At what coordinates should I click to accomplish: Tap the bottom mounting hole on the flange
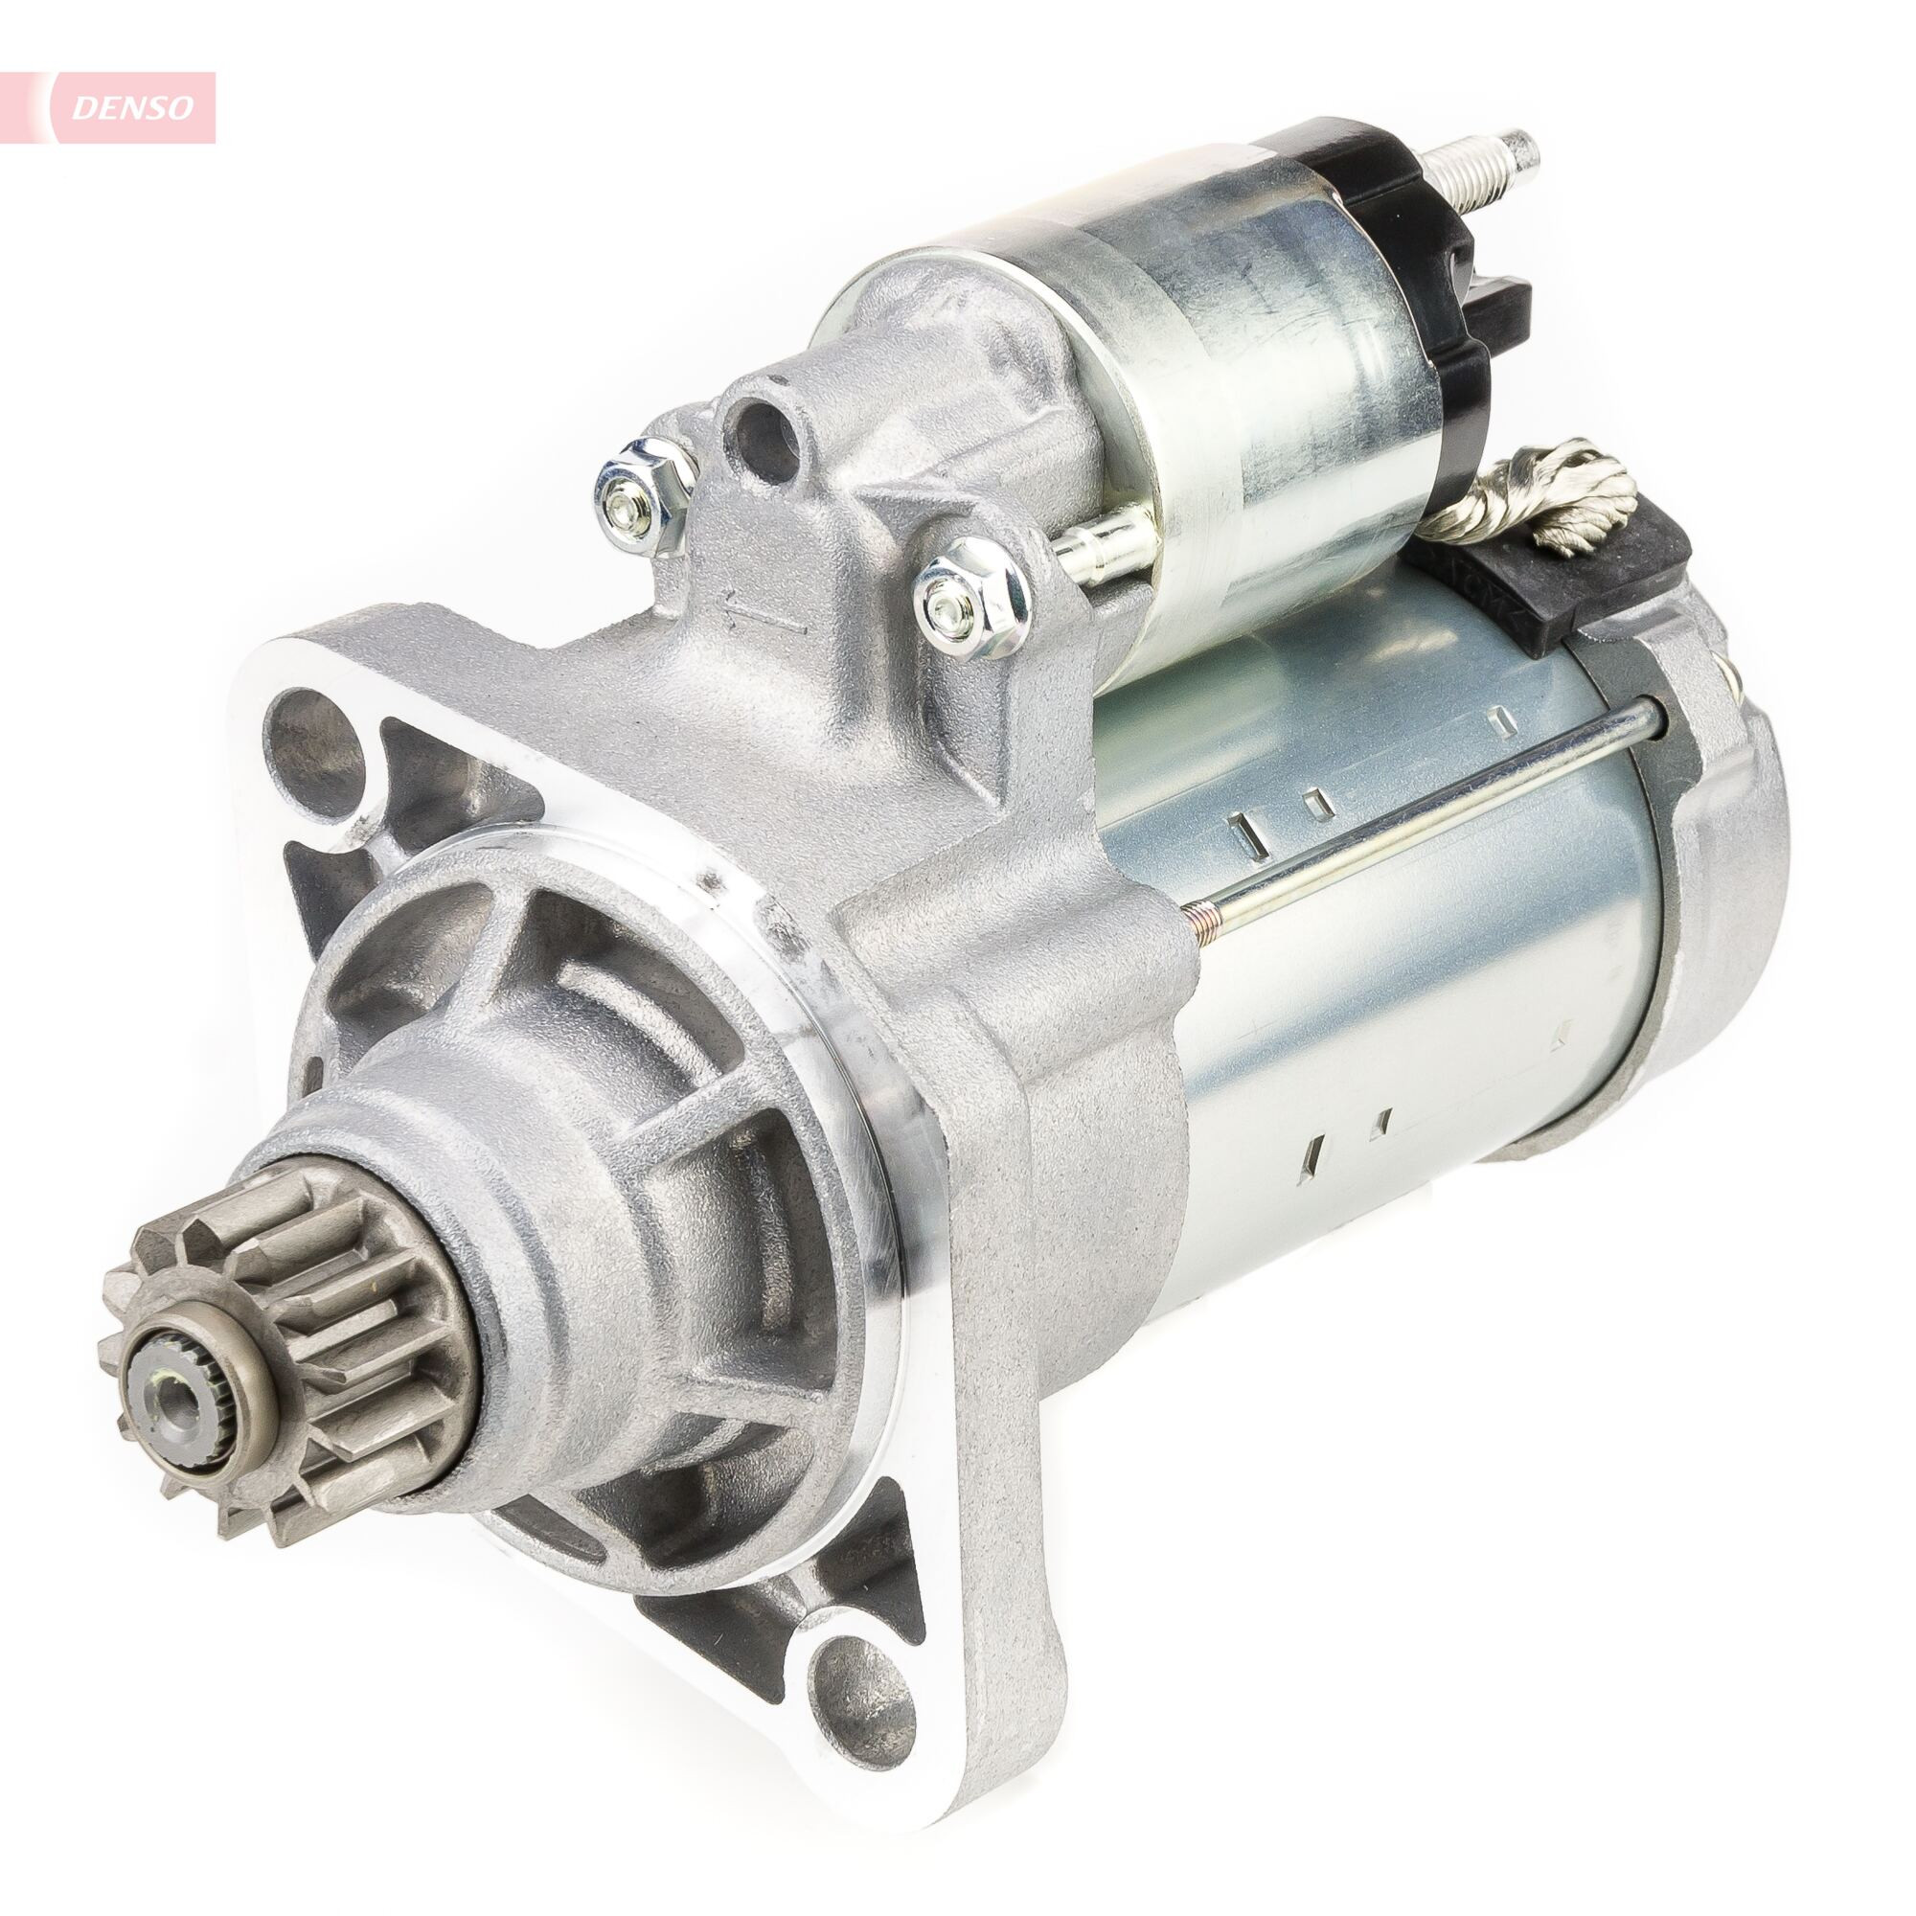[x=852, y=1686]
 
